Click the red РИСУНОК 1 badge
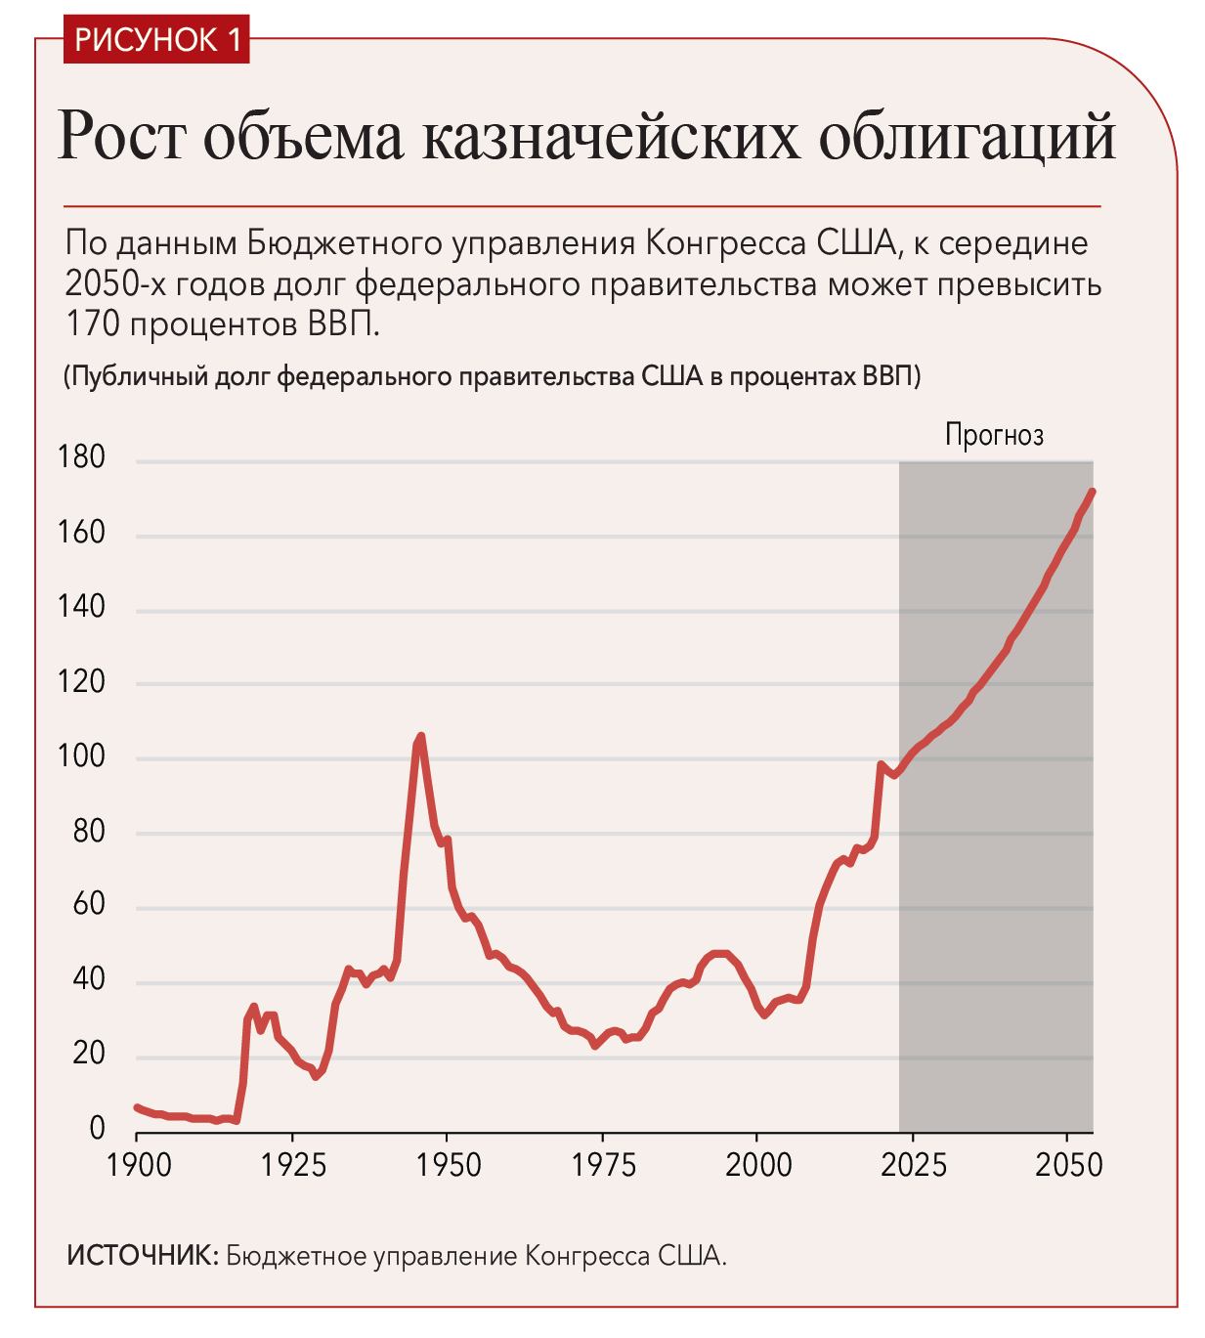pos(156,39)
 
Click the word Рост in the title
pos(120,136)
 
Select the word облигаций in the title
pos(967,136)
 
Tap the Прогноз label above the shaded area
pos(994,436)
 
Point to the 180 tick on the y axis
pos(81,457)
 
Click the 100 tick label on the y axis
pos(81,757)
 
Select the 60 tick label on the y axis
pos(89,904)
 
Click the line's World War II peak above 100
pos(420,736)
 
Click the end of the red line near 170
pos(1093,492)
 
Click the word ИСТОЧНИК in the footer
pos(143,1256)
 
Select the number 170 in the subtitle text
pos(93,324)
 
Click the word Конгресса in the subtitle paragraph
pos(726,243)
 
